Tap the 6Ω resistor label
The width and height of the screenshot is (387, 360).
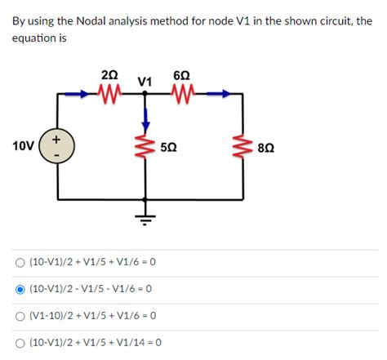(182, 75)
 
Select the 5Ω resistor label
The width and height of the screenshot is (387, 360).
(170, 148)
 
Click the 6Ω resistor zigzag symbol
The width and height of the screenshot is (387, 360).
(182, 94)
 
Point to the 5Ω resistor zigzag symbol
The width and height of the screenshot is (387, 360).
(146, 148)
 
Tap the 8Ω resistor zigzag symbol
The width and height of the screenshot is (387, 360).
(242, 148)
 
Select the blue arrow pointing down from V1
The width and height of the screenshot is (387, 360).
(146, 119)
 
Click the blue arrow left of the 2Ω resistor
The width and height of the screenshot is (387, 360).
(78, 94)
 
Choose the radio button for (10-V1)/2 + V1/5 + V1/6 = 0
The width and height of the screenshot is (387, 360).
(19, 263)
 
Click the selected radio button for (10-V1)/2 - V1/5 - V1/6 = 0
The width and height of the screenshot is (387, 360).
(19, 289)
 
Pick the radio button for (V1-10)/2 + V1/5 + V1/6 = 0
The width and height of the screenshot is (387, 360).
(19, 315)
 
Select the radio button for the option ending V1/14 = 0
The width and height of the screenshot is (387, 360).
(19, 341)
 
